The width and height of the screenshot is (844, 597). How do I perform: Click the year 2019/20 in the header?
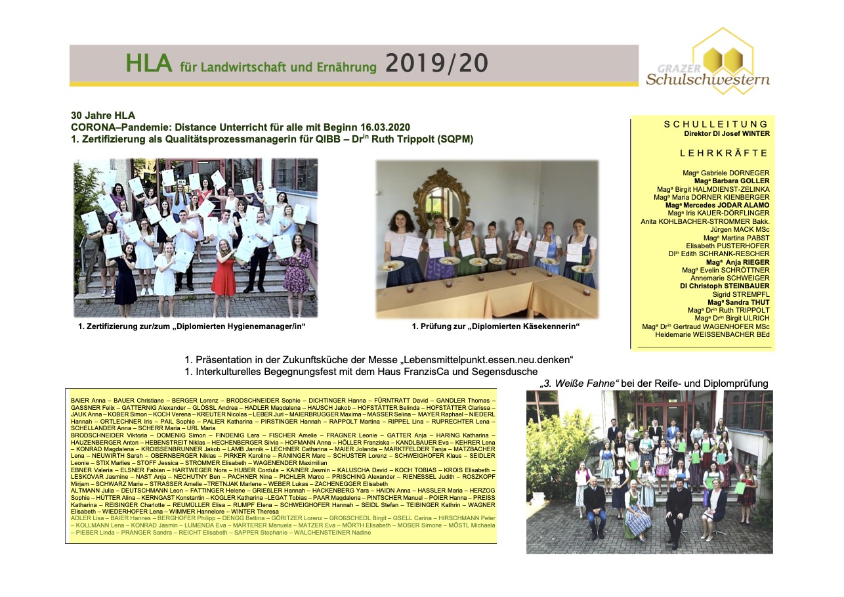tap(436, 63)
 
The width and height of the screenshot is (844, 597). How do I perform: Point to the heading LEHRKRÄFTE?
tap(724, 153)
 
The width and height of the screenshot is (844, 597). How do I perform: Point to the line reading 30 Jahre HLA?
tap(103, 115)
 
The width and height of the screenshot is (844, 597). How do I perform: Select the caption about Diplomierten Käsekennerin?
tap(496, 326)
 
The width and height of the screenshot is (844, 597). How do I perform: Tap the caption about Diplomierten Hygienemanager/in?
tap(192, 326)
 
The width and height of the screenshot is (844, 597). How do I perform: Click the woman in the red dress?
tap(223, 273)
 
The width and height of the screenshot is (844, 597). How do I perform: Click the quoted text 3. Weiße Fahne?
tap(585, 384)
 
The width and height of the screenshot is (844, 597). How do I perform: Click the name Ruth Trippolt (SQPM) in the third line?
tap(430, 139)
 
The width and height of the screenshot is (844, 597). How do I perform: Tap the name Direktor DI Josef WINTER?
tap(727, 133)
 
